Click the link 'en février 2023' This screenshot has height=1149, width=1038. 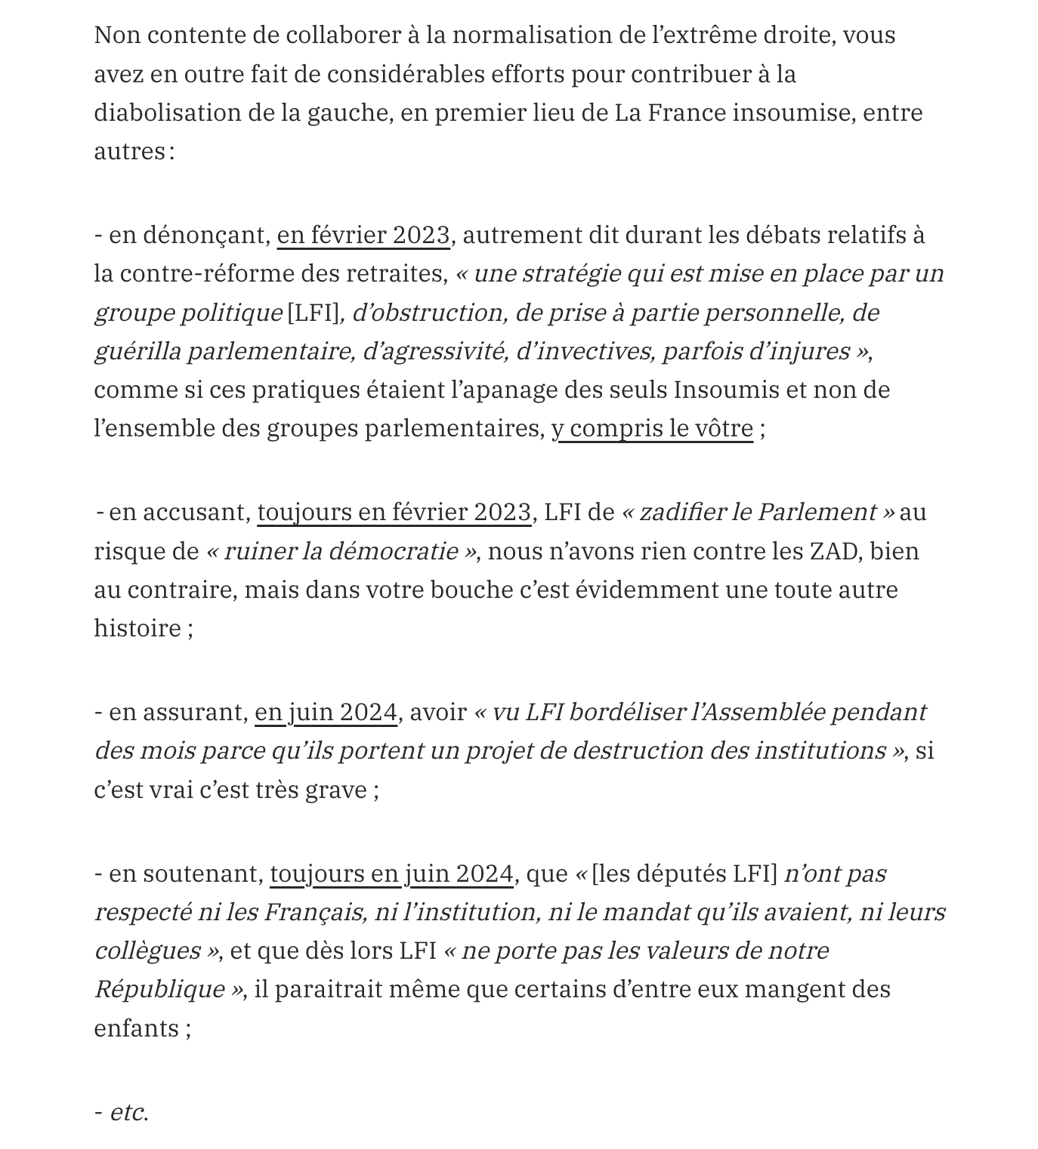click(x=363, y=236)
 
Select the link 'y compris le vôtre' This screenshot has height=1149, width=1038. click(x=652, y=429)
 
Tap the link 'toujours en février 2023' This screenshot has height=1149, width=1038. click(x=394, y=513)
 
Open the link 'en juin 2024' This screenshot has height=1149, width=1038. click(x=326, y=713)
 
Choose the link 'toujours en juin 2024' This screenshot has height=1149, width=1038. click(x=391, y=874)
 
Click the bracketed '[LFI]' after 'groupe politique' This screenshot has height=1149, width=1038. click(x=313, y=313)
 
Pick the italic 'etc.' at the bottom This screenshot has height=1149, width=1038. click(x=128, y=1113)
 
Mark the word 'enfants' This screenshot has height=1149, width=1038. click(x=136, y=1029)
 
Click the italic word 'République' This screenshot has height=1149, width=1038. click(x=159, y=990)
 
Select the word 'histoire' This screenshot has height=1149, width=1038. click(x=137, y=629)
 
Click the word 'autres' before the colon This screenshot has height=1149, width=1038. click(x=129, y=152)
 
